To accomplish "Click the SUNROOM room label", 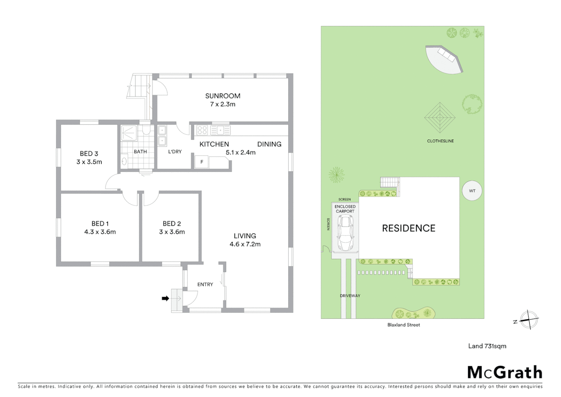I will (222, 96).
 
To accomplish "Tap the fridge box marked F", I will (202, 162).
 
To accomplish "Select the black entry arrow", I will (166, 298).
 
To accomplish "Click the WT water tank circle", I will (472, 191).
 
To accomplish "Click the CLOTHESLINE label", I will (440, 141).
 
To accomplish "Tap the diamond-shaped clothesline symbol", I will (439, 118).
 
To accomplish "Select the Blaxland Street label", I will (403, 325).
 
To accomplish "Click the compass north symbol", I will (529, 319).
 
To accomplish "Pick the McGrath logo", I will (504, 372).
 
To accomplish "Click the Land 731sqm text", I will (487, 346).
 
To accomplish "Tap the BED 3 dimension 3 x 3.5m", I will (89, 162).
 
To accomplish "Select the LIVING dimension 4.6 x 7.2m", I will (245, 244).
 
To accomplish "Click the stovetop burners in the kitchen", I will (202, 130).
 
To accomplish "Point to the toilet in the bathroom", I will (146, 130).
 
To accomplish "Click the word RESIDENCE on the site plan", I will (408, 228).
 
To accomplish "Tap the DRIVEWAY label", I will (350, 296).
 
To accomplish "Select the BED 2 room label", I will (172, 223).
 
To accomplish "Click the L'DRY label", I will (175, 152).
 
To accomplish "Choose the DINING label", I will (269, 144).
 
